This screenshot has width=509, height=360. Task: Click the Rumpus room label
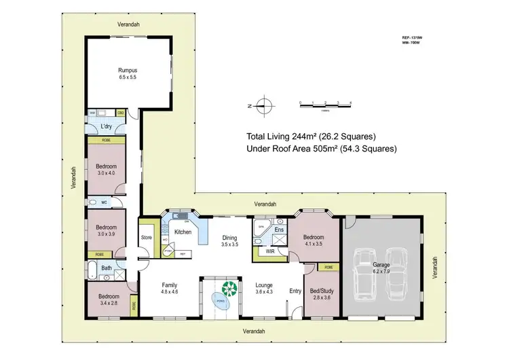pos(128,69)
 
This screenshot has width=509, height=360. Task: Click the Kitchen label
pos(184,232)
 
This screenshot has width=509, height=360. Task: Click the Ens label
pos(278,230)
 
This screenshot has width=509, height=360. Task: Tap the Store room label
pos(146,238)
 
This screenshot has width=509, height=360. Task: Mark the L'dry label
pos(106,127)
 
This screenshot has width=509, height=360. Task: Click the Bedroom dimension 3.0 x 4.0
pos(106,174)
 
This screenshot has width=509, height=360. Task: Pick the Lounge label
pos(264,285)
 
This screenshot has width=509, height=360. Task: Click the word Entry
pos(295,291)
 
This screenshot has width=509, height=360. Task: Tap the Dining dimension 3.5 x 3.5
pos(229,244)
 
